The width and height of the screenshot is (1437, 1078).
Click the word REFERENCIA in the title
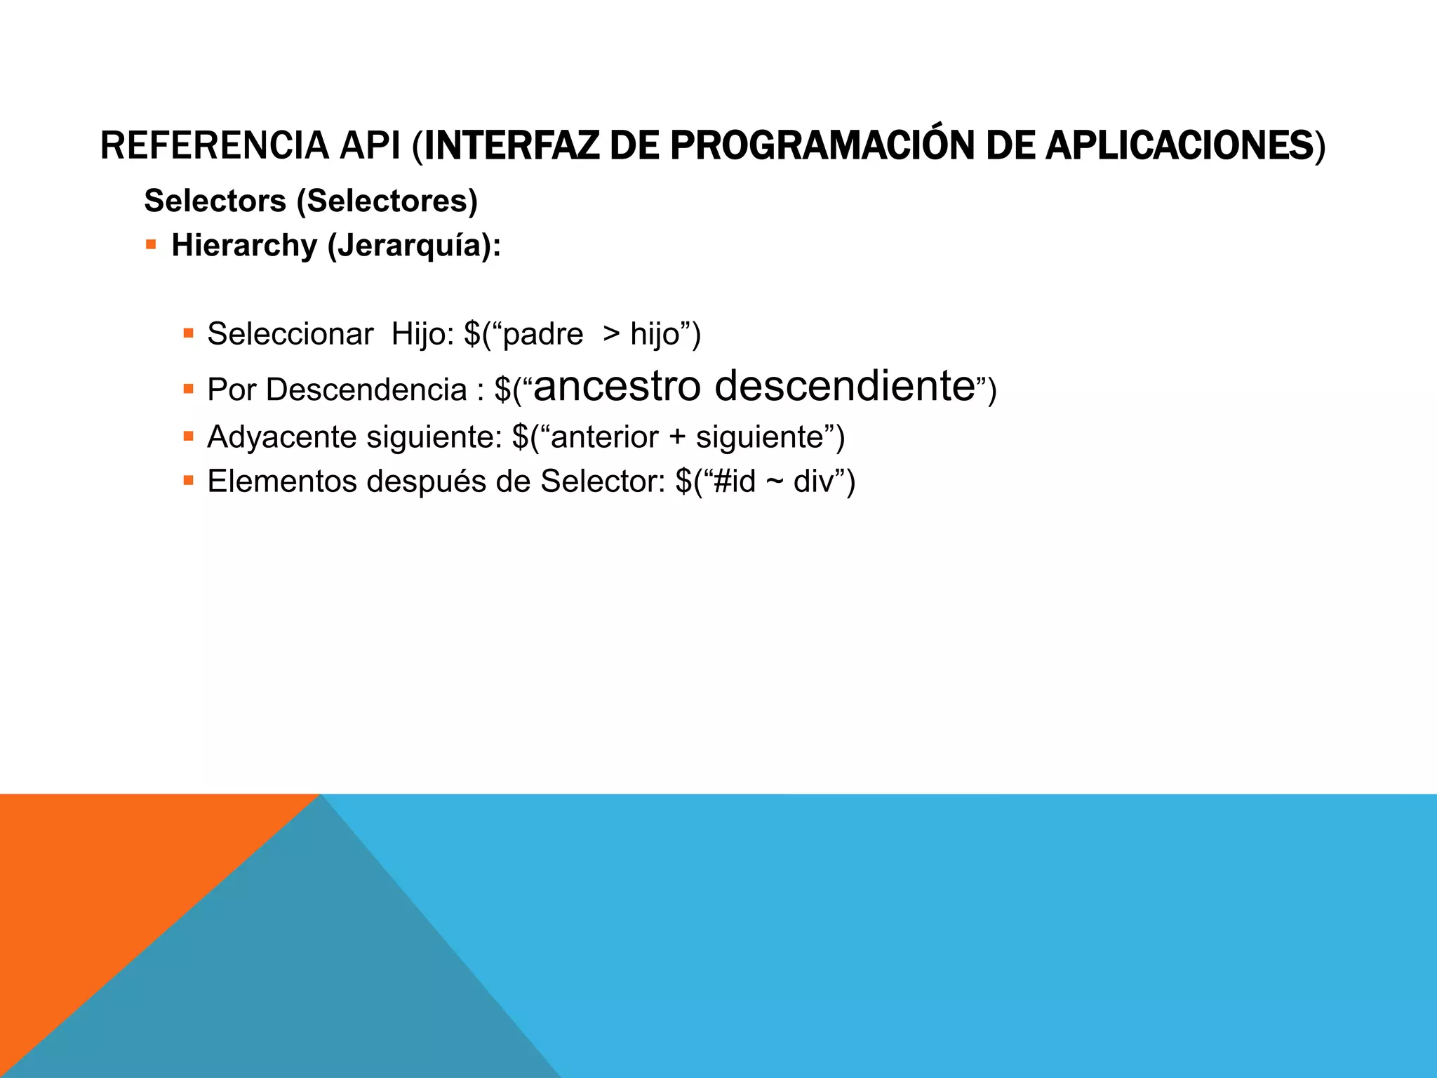pyautogui.click(x=215, y=146)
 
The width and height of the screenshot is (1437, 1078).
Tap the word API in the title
pyautogui.click(x=370, y=146)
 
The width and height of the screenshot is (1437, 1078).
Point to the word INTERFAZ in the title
pyautogui.click(x=512, y=146)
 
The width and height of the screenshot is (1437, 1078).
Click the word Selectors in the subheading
pyautogui.click(x=215, y=201)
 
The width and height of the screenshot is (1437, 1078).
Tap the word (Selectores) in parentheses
pyautogui.click(x=387, y=201)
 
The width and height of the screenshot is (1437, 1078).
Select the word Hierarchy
pyautogui.click(x=244, y=246)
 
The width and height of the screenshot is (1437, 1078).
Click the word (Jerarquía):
pyautogui.click(x=414, y=246)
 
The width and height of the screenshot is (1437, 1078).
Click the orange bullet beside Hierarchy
pyautogui.click(x=151, y=245)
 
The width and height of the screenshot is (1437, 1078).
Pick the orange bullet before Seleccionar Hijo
pyautogui.click(x=188, y=333)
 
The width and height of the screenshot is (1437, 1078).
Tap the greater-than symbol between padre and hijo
pyautogui.click(x=611, y=334)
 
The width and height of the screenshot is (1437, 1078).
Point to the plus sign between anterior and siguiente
pyautogui.click(x=677, y=437)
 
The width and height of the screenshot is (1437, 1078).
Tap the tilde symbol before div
pyautogui.click(x=775, y=482)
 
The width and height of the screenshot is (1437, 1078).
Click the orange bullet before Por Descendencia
pyautogui.click(x=188, y=388)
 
